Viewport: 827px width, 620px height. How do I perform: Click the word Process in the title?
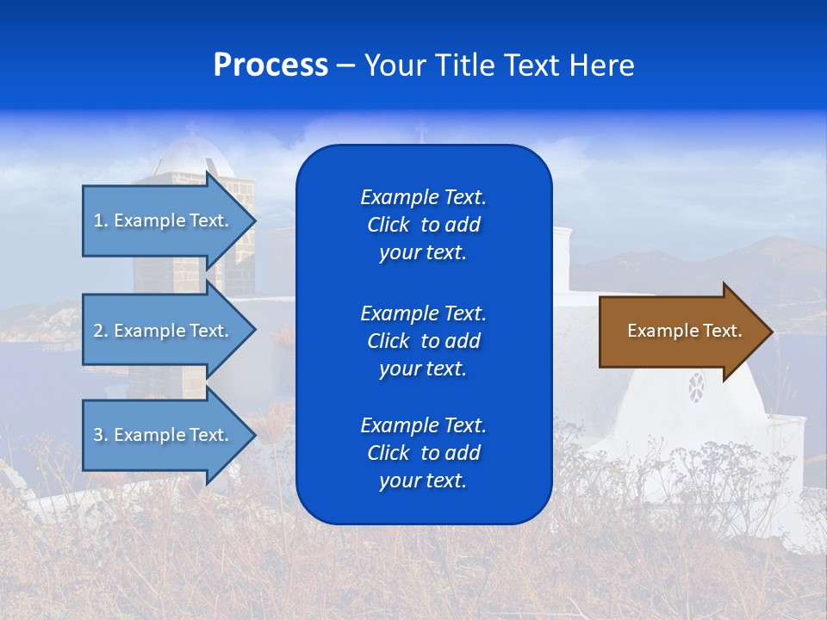(x=270, y=65)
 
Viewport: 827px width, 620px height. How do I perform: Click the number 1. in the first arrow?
(x=101, y=220)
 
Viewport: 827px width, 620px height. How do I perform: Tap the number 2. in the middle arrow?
(x=101, y=331)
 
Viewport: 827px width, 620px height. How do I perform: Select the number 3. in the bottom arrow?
(x=101, y=435)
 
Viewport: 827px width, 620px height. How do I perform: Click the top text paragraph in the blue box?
(x=423, y=225)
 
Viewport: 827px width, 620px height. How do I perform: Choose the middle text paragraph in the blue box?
(x=423, y=341)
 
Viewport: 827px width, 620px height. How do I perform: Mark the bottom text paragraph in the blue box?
(x=423, y=453)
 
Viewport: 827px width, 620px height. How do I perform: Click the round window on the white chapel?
(x=696, y=387)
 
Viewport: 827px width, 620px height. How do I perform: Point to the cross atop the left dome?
(x=191, y=130)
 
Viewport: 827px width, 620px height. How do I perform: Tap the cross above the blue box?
(x=421, y=133)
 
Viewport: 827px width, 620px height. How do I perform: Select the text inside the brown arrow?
(x=684, y=331)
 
